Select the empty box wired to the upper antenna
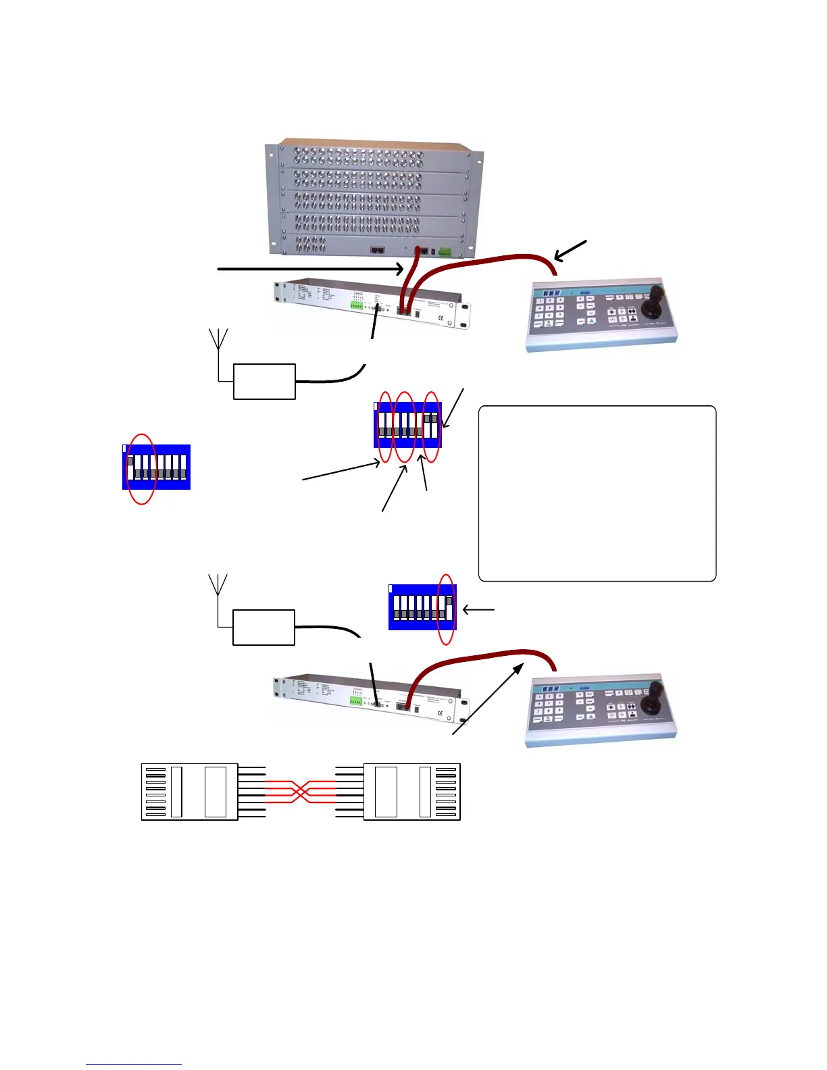click(x=264, y=382)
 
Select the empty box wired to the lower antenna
click(x=264, y=627)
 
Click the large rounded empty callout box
click(x=597, y=493)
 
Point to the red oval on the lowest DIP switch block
click(x=446, y=608)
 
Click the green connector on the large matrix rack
click(x=445, y=251)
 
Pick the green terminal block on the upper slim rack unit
click(x=357, y=305)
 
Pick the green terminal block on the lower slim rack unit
click(x=357, y=701)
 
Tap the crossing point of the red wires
click(x=301, y=790)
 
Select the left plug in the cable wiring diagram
click(x=189, y=792)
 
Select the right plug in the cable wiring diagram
click(x=411, y=792)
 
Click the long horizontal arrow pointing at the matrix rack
click(x=311, y=269)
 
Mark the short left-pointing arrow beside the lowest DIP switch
click(x=478, y=610)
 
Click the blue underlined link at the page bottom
click(x=134, y=1064)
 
